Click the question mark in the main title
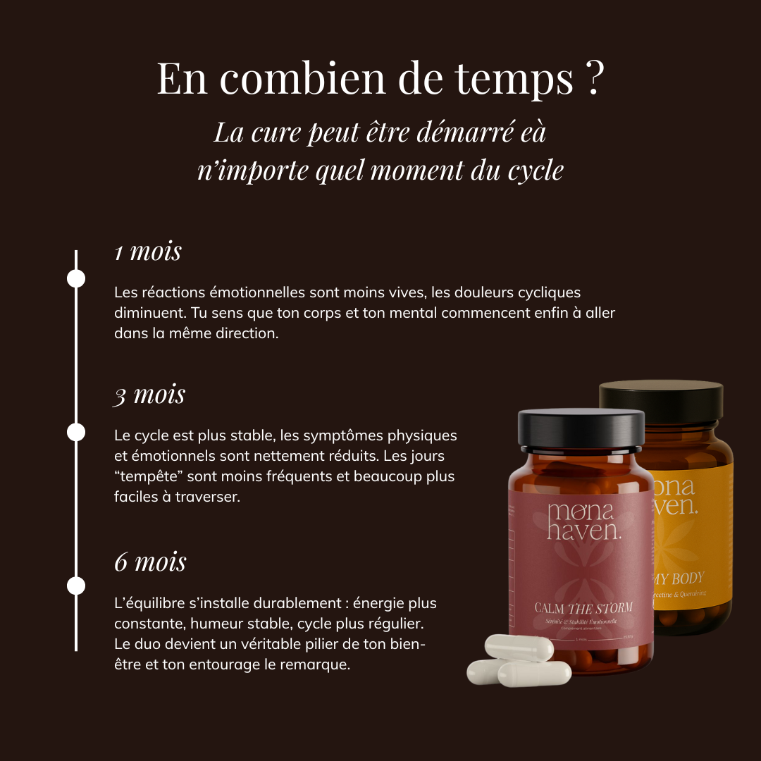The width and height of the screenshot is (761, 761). click(593, 78)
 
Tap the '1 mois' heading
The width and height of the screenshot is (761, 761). click(148, 252)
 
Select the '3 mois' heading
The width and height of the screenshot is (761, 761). click(149, 395)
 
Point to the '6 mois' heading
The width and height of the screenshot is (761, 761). click(150, 562)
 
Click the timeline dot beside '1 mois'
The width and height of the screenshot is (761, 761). click(76, 278)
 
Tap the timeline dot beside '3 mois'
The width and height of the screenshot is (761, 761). click(76, 432)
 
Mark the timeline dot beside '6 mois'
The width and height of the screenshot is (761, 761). click(76, 586)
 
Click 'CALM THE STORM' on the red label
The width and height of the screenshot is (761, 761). click(583, 608)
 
